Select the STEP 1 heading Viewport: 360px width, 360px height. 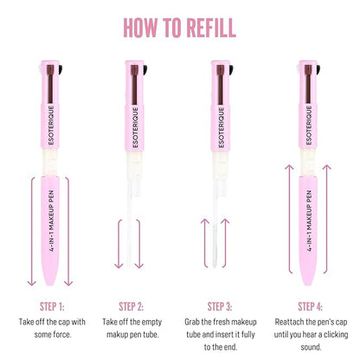52,305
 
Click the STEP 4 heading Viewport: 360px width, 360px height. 309,305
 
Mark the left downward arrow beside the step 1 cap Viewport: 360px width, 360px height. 32,229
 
